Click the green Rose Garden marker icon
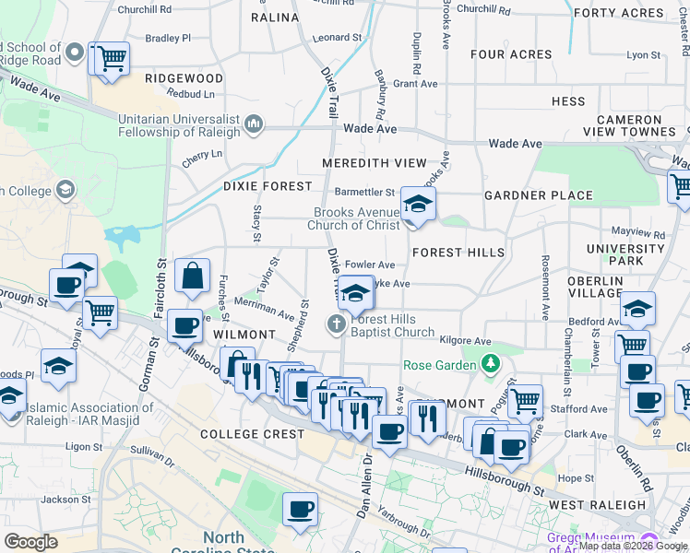tap(489, 364)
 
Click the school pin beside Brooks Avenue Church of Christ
tap(418, 206)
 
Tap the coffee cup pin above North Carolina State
tap(300, 509)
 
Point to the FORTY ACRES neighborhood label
tap(631, 13)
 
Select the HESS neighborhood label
tap(568, 101)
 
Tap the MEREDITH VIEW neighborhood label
tap(375, 163)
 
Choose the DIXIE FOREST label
tap(268, 186)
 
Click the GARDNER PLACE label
tap(539, 195)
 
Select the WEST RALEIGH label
tap(597, 505)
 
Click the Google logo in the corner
tap(31, 542)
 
